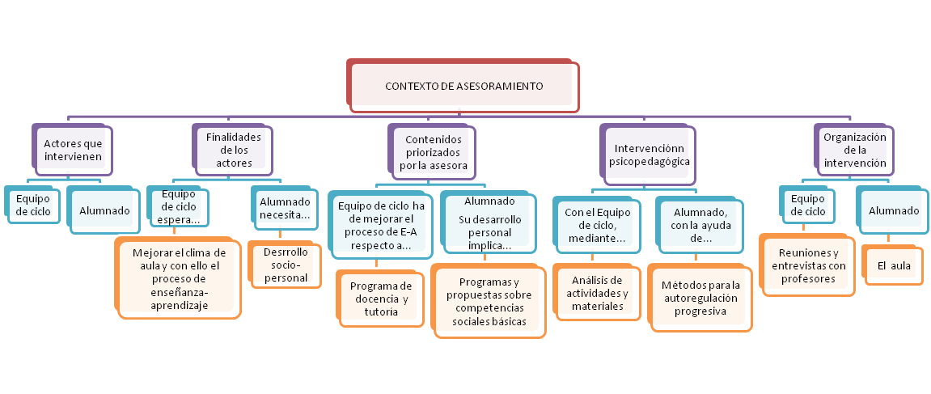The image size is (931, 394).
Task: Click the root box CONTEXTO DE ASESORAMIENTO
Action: (464, 86)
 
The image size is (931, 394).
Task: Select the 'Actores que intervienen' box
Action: (73, 150)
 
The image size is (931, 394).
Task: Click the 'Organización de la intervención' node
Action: (854, 150)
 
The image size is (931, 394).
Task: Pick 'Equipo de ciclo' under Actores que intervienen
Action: (32, 205)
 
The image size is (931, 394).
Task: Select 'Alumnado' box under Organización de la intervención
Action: (893, 211)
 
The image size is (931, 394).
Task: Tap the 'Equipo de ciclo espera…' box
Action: (179, 206)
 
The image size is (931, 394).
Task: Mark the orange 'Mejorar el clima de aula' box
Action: (179, 278)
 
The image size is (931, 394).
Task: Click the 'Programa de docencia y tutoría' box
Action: (380, 299)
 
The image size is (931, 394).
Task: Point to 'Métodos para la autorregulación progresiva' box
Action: (700, 298)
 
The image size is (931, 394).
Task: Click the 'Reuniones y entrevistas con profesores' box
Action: (806, 265)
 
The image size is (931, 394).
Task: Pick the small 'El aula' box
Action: (892, 265)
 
